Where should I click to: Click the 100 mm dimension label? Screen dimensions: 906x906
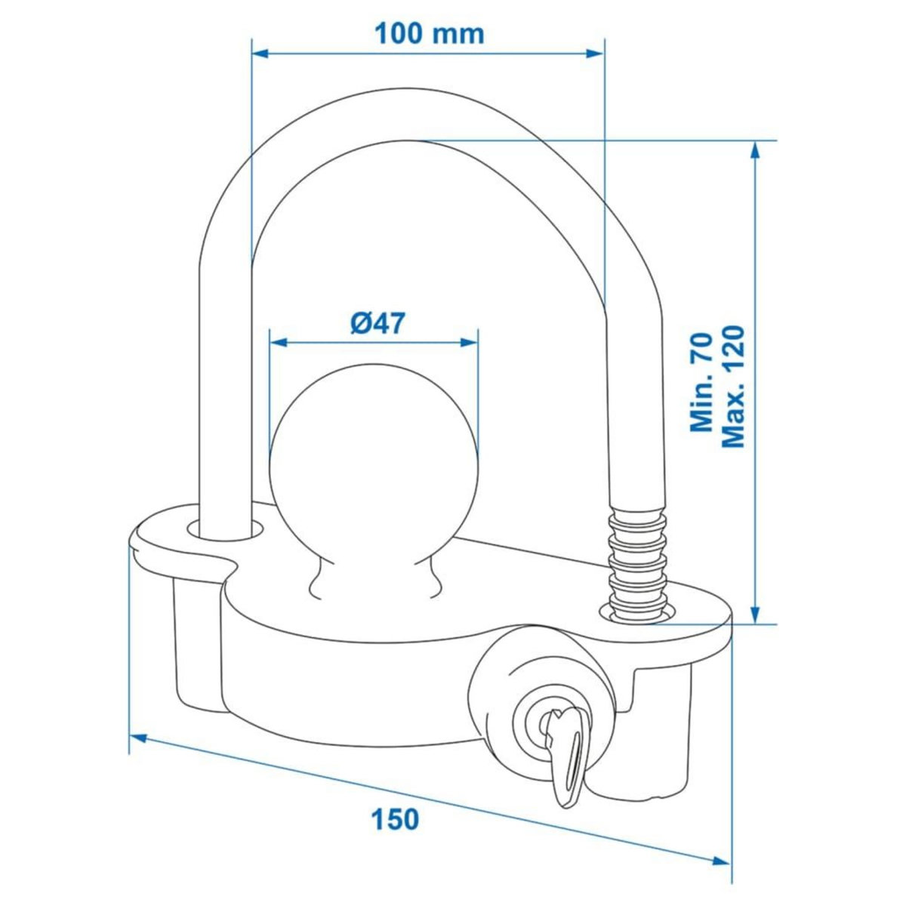click(430, 34)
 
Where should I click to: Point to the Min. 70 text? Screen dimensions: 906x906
click(702, 384)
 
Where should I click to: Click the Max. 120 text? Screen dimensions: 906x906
click(733, 384)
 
